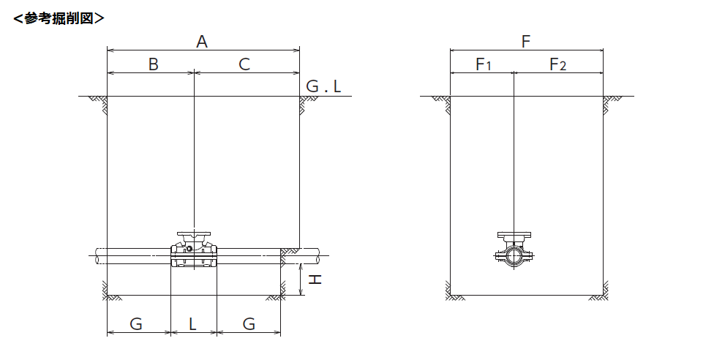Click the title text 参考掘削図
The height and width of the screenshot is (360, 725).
click(59, 18)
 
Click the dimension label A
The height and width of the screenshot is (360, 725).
click(202, 42)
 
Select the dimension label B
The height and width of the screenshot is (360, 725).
click(154, 64)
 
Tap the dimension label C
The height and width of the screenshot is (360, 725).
click(244, 64)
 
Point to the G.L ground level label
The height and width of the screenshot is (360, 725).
click(323, 86)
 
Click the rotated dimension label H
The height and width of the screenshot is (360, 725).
click(315, 280)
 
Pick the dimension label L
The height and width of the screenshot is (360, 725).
click(192, 324)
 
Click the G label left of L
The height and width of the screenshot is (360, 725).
click(136, 324)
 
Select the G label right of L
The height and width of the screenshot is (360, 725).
click(249, 324)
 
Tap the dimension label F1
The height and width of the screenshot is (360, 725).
click(484, 64)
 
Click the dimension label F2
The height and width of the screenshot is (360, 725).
click(557, 64)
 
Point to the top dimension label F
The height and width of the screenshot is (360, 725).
click(526, 42)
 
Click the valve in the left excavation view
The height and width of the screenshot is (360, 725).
click(194, 250)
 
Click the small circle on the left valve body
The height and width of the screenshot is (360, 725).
click(189, 249)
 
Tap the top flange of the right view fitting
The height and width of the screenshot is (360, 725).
click(514, 235)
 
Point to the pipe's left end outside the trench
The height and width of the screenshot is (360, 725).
click(97, 256)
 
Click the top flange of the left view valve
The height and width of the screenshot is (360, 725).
click(194, 234)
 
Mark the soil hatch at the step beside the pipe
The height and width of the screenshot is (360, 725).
click(290, 252)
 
